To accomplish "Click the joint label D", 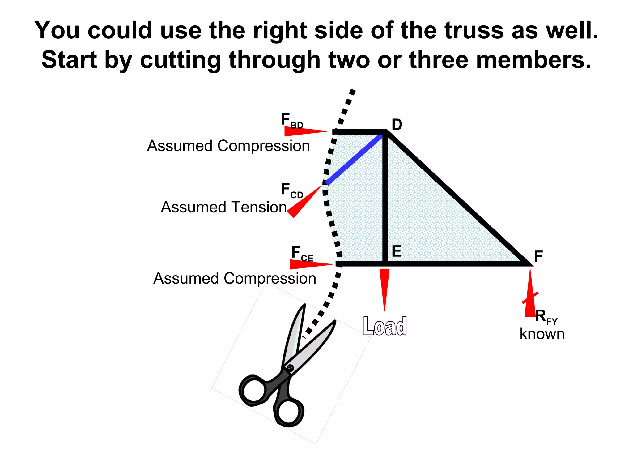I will pos(397,125).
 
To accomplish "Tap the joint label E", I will pos(397,251).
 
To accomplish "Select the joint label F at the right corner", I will pos(538,257).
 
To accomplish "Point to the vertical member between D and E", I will pos(385,198).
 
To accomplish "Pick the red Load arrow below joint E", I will pos(384,288).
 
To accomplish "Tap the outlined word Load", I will pos(385,326).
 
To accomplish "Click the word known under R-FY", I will pos(542,334).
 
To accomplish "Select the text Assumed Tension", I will pos(224,207).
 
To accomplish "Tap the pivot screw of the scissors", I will pos(290,368).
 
